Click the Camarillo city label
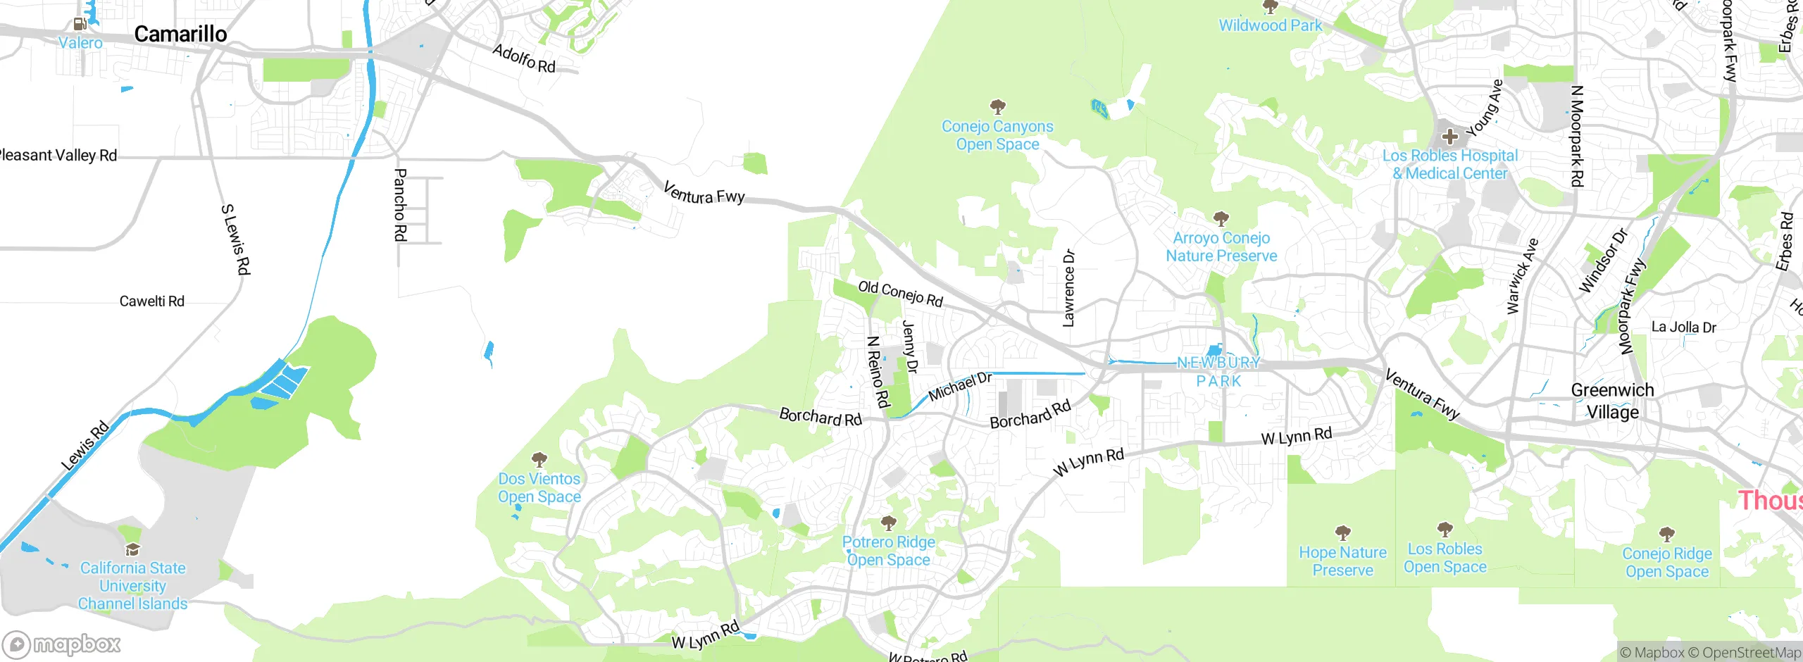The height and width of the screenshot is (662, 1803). point(180,34)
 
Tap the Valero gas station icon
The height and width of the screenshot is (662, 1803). point(80,24)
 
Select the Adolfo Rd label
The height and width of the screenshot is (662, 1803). point(524,58)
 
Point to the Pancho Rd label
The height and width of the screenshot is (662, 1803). point(400,205)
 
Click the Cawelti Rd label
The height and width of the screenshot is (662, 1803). point(151,301)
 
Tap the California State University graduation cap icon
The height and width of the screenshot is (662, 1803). point(132,549)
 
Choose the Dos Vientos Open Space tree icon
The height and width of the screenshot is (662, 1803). point(539,461)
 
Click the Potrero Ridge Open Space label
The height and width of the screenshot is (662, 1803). point(889,551)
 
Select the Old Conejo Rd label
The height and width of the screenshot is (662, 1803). point(900,294)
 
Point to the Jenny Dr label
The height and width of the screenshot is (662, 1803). point(910,346)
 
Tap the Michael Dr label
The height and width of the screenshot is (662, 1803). point(960,387)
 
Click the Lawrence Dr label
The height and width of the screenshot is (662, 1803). point(1068,288)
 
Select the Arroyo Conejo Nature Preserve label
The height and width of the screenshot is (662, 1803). point(1221,247)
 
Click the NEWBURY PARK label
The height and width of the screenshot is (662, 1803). point(1219,372)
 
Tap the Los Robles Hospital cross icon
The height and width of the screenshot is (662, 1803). point(1449,136)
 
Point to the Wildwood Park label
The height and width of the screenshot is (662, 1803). point(1271,25)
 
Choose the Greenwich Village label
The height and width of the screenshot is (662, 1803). point(1612,401)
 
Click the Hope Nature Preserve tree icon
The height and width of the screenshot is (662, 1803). point(1343,532)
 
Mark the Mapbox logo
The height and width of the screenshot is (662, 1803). point(62,644)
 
